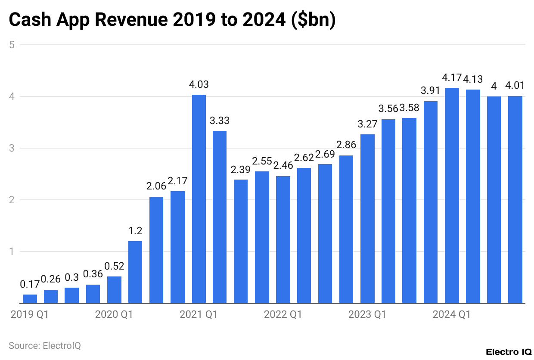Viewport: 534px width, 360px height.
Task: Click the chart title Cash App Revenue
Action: pyautogui.click(x=172, y=20)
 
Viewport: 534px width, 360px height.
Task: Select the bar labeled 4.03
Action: pyautogui.click(x=199, y=199)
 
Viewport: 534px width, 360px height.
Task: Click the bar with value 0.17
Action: pyautogui.click(x=30, y=298)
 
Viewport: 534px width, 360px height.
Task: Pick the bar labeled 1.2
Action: pyautogui.click(x=135, y=272)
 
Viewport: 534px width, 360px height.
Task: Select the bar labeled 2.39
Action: pyautogui.click(x=241, y=241)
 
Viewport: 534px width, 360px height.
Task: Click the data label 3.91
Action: pyautogui.click(x=431, y=91)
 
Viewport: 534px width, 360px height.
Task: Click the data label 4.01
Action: pyautogui.click(x=515, y=86)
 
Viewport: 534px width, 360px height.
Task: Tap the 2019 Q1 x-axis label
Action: pyautogui.click(x=30, y=315)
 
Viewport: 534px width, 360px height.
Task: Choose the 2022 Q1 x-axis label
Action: pyautogui.click(x=283, y=315)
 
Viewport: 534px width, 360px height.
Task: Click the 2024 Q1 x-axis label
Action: pyautogui.click(x=452, y=315)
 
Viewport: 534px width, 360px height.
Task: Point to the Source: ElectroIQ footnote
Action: pyautogui.click(x=45, y=345)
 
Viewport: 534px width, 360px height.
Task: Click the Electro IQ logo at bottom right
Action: pyautogui.click(x=509, y=352)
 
